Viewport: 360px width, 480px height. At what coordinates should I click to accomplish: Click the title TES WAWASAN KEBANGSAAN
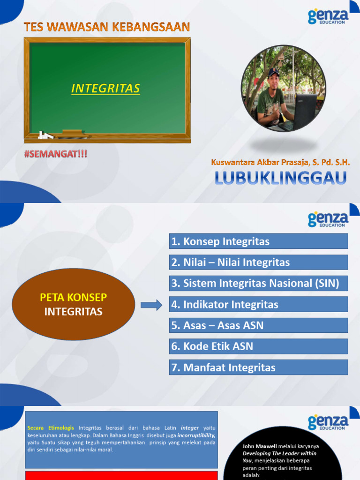[x=107, y=27]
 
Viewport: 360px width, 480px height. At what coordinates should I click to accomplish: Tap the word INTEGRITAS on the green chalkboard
[x=105, y=88]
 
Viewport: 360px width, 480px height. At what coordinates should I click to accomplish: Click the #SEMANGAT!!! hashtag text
[x=56, y=154]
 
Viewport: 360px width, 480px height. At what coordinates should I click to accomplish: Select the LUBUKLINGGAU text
[x=281, y=178]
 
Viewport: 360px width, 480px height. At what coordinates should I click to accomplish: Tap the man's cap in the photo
[x=273, y=72]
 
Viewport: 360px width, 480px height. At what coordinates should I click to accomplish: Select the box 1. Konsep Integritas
[x=258, y=241]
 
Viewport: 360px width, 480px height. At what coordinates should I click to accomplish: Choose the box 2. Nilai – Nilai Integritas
[x=258, y=262]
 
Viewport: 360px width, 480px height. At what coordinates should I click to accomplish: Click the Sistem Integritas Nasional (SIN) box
[x=258, y=283]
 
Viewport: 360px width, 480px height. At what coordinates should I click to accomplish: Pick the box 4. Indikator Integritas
[x=258, y=304]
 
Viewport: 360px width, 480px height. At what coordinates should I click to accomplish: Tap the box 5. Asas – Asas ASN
[x=258, y=325]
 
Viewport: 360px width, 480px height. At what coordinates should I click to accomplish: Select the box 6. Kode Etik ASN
[x=258, y=346]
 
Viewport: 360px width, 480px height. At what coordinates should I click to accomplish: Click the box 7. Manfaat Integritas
[x=258, y=367]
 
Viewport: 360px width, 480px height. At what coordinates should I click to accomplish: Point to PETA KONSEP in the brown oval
[x=73, y=297]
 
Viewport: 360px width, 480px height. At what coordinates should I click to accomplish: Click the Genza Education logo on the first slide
[x=328, y=16]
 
